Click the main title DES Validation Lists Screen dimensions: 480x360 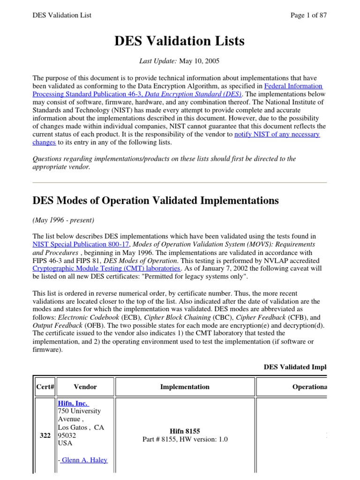tap(180, 41)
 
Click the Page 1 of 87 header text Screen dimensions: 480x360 tap(308, 15)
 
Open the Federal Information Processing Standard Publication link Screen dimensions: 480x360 tap(294, 86)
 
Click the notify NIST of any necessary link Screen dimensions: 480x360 tap(277, 135)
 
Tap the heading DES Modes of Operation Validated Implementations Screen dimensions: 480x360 tap(155, 201)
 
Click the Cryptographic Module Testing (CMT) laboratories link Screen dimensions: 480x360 tap(106, 269)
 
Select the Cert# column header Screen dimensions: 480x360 tap(45, 387)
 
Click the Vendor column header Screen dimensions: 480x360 tap(85, 387)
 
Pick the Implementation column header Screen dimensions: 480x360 tap(185, 387)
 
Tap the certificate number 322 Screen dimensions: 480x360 tap(45, 436)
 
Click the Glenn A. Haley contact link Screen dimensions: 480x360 tap(82, 460)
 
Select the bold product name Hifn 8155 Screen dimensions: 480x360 tap(185, 432)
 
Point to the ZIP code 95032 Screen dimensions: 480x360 tap(66, 435)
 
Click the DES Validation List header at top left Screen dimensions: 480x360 tap(62, 15)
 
